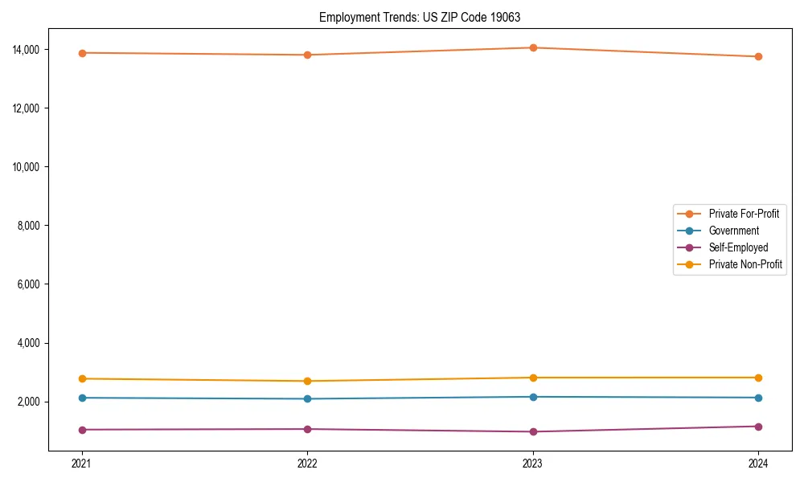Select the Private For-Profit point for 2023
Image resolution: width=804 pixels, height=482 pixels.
[533, 47]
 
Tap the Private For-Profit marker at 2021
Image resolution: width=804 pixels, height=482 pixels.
[81, 53]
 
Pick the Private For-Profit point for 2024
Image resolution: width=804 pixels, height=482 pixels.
[758, 56]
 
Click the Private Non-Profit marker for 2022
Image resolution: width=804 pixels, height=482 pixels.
[307, 381]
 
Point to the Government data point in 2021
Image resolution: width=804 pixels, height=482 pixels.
[81, 398]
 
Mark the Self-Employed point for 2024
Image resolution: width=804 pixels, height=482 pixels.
[758, 427]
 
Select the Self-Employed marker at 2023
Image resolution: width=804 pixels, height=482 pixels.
[533, 431]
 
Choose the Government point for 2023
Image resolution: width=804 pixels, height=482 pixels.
[533, 397]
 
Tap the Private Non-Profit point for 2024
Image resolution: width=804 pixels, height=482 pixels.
[758, 378]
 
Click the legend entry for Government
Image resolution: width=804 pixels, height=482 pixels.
[733, 231]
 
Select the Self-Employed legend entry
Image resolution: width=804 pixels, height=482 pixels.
[738, 247]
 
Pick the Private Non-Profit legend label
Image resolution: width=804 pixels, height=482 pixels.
[745, 264]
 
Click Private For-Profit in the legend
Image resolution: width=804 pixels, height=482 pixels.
[744, 214]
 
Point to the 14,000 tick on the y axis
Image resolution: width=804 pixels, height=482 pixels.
[33, 50]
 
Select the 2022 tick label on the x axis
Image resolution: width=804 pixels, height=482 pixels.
[307, 463]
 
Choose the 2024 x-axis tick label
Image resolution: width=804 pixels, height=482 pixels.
[758, 463]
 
